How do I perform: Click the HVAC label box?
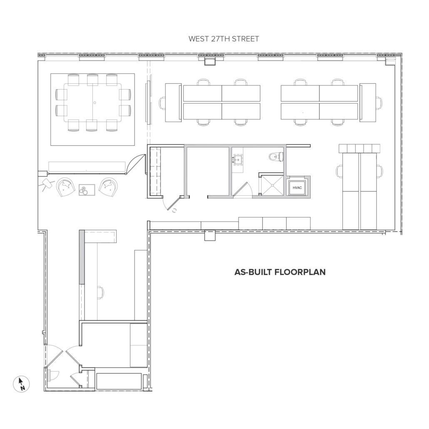pyautogui.click(x=297, y=188)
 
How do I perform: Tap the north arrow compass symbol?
pyautogui.click(x=21, y=384)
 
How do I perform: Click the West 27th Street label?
pyautogui.click(x=224, y=39)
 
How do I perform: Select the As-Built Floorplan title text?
pyautogui.click(x=280, y=272)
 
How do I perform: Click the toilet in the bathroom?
pyautogui.click(x=276, y=157)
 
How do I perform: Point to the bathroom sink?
pyautogui.click(x=238, y=160)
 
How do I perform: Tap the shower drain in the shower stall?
pyautogui.click(x=272, y=185)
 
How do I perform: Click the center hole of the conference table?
pyautogui.click(x=95, y=102)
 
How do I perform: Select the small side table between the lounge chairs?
pyautogui.click(x=87, y=190)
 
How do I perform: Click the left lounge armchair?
pyautogui.click(x=66, y=187)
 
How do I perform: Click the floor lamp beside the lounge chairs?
pyautogui.click(x=45, y=185)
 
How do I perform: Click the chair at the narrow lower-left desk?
pyautogui.click(x=100, y=293)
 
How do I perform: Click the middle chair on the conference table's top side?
pyautogui.click(x=93, y=80)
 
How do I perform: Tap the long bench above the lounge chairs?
pyautogui.click(x=87, y=167)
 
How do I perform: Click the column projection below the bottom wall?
pyautogui.click(x=210, y=236)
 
